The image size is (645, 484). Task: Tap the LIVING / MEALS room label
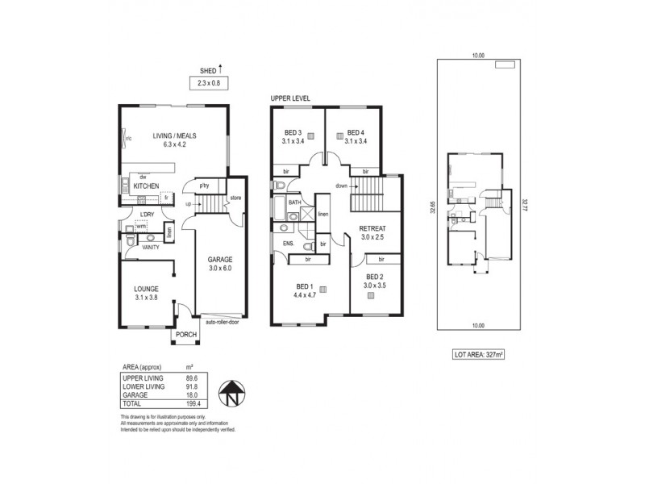[x=176, y=136]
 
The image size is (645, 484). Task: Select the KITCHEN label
[x=147, y=186]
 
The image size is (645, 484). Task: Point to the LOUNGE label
[x=146, y=289]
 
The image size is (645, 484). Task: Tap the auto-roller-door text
[x=222, y=322]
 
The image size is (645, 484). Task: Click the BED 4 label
[x=356, y=133]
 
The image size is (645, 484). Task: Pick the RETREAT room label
[x=374, y=228]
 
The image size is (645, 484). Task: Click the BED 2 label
[x=374, y=277]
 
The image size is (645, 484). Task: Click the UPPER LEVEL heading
[x=290, y=98]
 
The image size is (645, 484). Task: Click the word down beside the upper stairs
[x=342, y=185]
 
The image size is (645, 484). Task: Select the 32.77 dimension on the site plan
[x=525, y=195]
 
